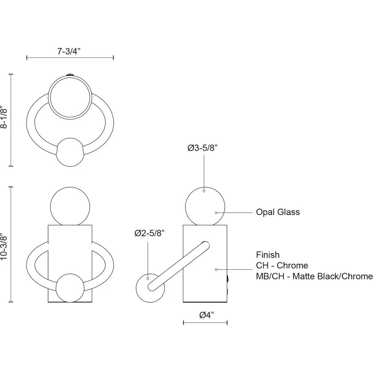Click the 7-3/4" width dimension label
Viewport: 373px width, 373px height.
69,51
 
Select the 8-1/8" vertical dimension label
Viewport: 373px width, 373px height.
4,117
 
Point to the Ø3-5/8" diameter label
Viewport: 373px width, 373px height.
203,148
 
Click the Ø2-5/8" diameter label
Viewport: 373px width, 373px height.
149,233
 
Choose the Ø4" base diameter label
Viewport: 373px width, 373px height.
207,315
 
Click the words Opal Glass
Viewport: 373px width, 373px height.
278,212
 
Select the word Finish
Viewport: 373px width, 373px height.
268,255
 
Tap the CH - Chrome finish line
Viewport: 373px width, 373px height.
282,265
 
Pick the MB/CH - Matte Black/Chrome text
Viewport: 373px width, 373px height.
314,276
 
